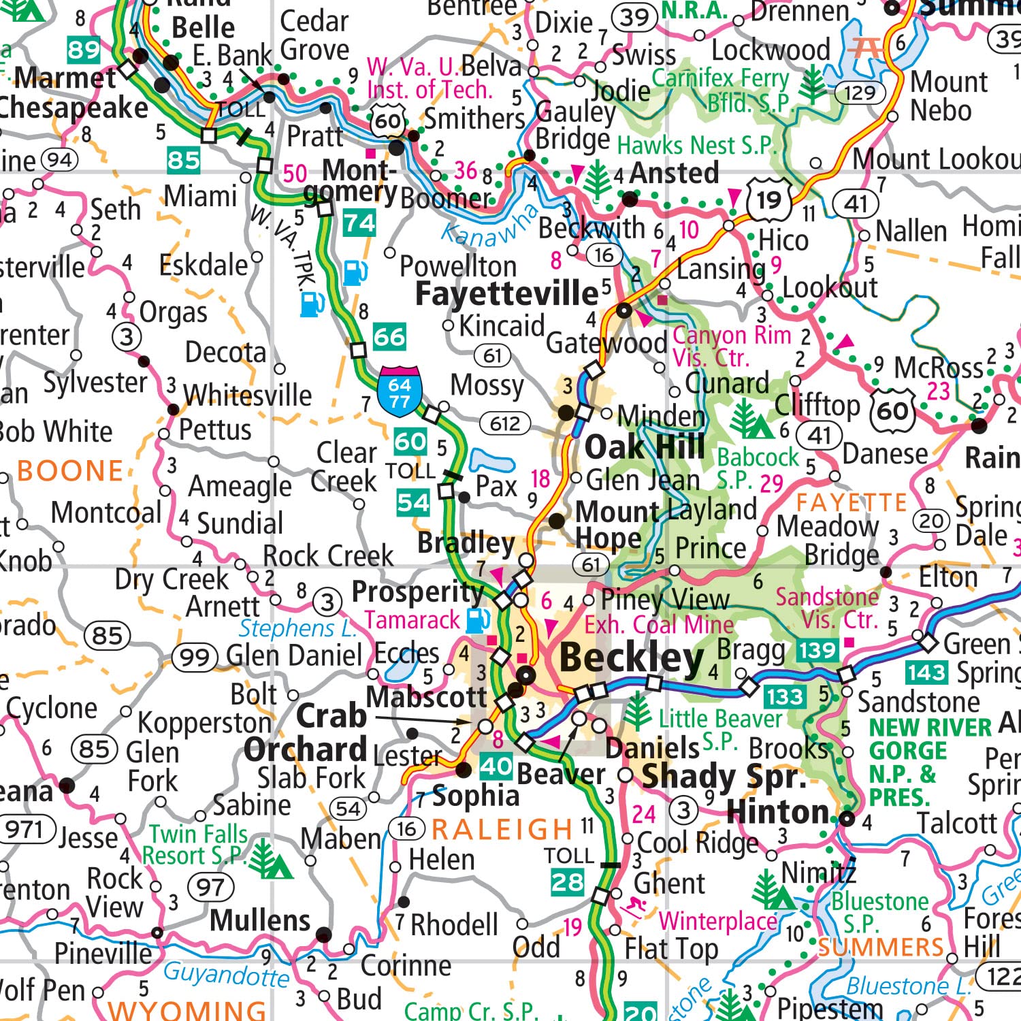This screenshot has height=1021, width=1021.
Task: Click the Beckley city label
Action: [x=631, y=659]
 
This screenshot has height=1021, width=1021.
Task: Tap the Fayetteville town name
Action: [x=507, y=294]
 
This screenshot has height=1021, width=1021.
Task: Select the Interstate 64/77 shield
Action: [x=400, y=393]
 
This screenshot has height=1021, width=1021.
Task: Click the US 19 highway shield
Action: [x=769, y=200]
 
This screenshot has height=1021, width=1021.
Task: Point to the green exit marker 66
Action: [x=389, y=337]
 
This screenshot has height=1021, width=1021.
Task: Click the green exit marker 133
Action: [x=784, y=697]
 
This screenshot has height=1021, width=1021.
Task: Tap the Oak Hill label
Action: [x=645, y=447]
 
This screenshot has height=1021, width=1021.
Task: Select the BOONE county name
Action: [x=70, y=471]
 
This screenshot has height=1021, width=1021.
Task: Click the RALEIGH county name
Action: [x=502, y=829]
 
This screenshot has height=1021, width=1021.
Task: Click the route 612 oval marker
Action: [x=504, y=423]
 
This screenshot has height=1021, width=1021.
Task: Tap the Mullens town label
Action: [x=260, y=920]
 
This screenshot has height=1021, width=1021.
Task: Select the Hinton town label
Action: [x=777, y=812]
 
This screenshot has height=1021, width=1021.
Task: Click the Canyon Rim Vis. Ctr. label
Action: [x=732, y=346]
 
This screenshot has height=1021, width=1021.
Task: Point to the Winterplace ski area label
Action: [x=717, y=922]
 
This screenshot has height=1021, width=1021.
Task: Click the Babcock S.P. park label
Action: [x=758, y=468]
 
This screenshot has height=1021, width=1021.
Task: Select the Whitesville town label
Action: [x=248, y=395]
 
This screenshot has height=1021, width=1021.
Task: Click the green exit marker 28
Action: [x=567, y=883]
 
